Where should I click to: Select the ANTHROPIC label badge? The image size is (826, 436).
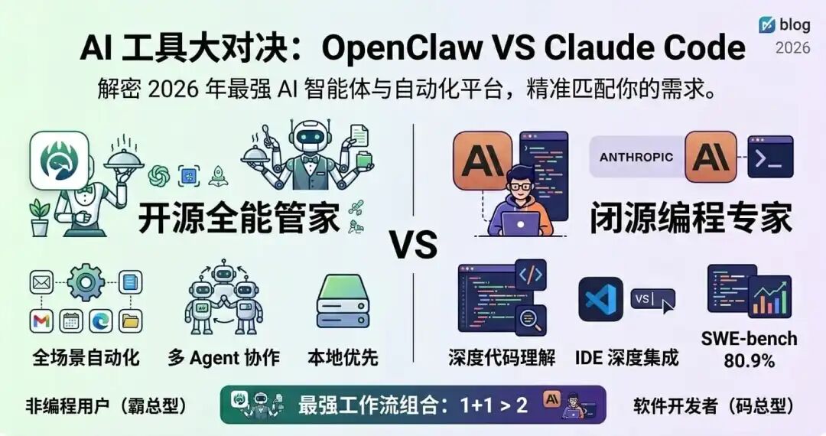point(636,157)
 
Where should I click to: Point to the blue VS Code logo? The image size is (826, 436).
point(600,299)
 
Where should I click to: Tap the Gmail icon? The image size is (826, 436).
point(41,322)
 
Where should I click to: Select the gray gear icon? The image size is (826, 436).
point(86,283)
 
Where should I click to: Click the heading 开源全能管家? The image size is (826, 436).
point(239,219)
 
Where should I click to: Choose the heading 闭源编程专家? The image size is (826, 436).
point(690,219)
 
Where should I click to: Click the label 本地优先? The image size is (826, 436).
point(343,357)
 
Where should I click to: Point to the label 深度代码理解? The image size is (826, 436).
point(502,357)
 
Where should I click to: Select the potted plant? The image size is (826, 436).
point(38,216)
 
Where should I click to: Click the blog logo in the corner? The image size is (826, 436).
point(767,25)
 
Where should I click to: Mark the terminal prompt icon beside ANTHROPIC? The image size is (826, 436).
point(769,157)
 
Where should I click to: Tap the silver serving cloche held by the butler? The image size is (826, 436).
point(125,157)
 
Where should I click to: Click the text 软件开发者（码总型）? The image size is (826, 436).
point(713,406)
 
